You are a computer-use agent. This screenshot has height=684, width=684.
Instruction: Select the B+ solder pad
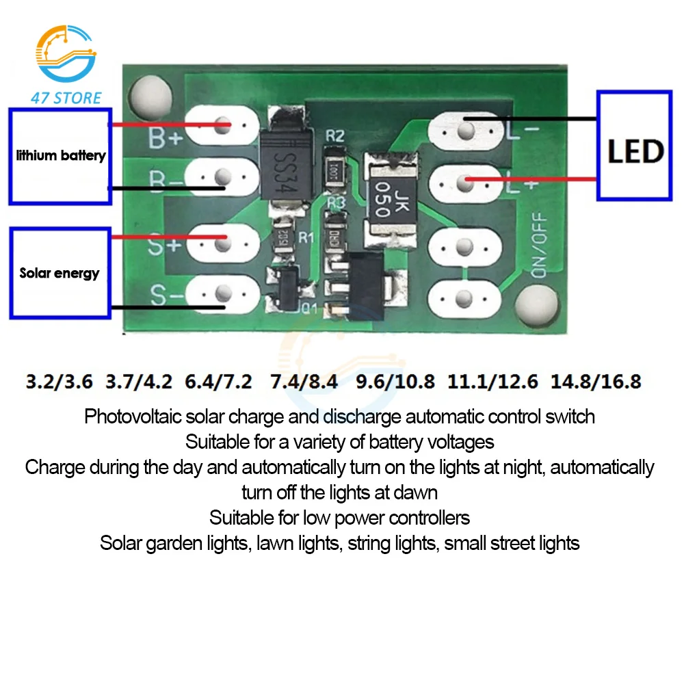220,126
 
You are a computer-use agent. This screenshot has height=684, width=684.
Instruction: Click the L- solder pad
465,130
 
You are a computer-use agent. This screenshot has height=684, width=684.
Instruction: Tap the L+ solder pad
465,182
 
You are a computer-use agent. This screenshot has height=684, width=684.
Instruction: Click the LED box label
635,151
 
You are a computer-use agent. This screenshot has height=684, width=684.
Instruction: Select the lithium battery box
60,155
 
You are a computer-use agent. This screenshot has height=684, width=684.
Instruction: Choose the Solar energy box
60,273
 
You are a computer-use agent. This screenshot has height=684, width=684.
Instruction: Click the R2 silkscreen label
334,136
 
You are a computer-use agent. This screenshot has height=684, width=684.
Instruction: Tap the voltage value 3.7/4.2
139,381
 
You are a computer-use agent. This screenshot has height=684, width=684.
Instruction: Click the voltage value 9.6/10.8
395,381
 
